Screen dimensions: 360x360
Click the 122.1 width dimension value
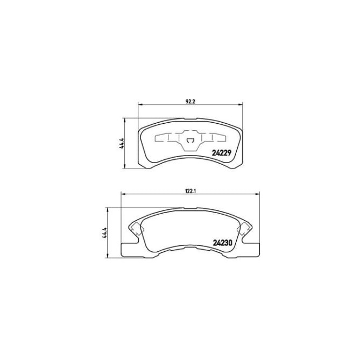pos(189,189)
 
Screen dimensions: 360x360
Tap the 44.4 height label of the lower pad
pos(105,232)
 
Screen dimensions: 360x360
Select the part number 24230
pos(221,242)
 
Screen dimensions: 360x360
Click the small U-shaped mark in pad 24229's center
pos(189,142)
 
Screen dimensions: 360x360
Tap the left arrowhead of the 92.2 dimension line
pos(141,104)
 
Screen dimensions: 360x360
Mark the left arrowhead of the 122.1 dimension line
pos(122,194)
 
